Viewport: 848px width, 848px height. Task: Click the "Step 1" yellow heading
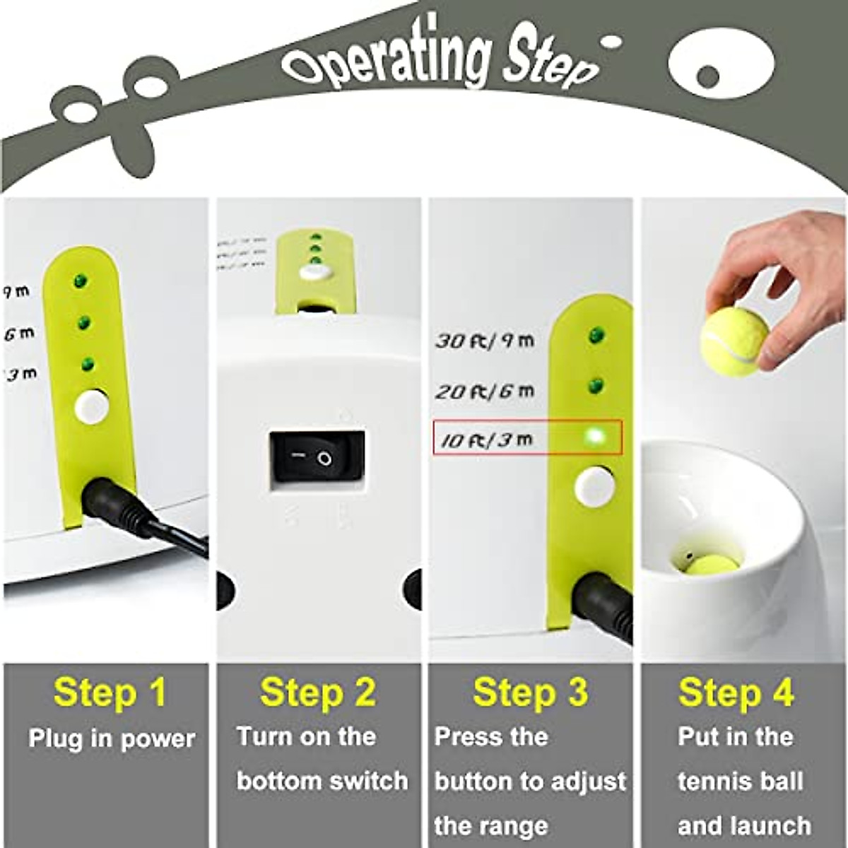pos(110,693)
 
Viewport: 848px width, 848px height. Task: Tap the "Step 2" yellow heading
pos(318,693)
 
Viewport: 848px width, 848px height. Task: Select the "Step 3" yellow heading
pos(530,693)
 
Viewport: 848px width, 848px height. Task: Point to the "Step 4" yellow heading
pos(736,693)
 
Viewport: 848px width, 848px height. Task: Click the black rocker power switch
pos(317,457)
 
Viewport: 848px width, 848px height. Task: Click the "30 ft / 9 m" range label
pos(485,341)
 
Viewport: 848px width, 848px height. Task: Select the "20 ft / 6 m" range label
pos(485,391)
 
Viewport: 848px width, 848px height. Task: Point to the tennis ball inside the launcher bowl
pos(713,565)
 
